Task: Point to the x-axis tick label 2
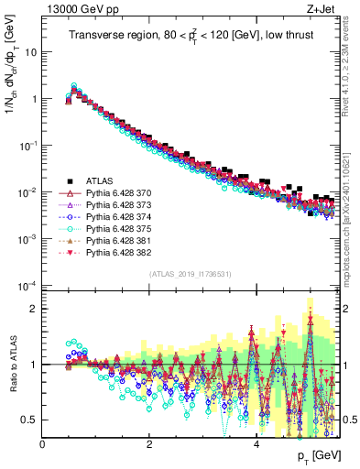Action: coord(149,445)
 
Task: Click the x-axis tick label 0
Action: coord(42,445)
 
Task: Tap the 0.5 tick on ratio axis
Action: coord(30,420)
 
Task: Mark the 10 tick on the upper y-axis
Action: coord(30,51)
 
